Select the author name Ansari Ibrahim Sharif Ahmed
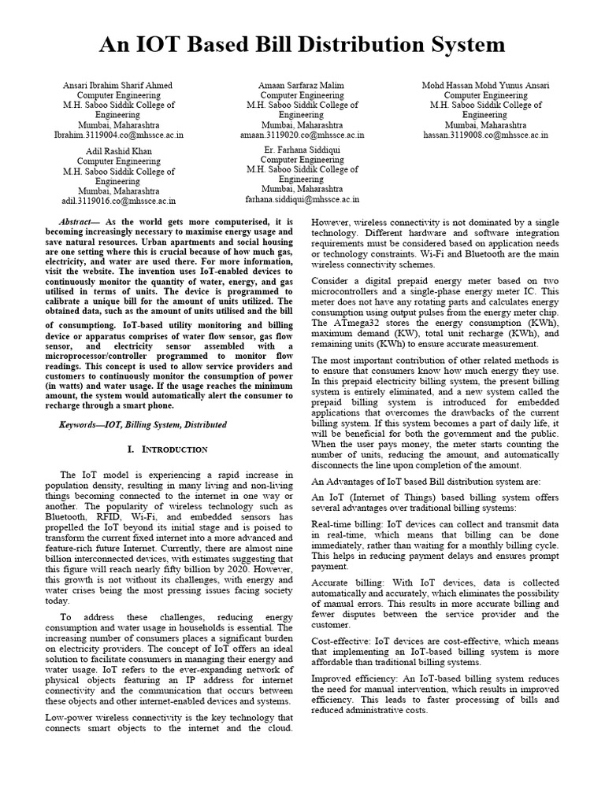pyautogui.click(x=118, y=85)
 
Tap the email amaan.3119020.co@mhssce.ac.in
pyautogui.click(x=302, y=135)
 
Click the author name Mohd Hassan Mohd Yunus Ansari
pyautogui.click(x=485, y=85)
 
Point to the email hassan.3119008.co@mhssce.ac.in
pyautogui.click(x=485, y=135)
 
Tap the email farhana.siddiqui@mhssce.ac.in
pyautogui.click(x=302, y=200)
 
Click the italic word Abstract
pyautogui.click(x=78, y=223)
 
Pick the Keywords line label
pyautogui.click(x=82, y=424)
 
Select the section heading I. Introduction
pyautogui.click(x=166, y=449)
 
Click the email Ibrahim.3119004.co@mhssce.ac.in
pyautogui.click(x=118, y=135)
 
